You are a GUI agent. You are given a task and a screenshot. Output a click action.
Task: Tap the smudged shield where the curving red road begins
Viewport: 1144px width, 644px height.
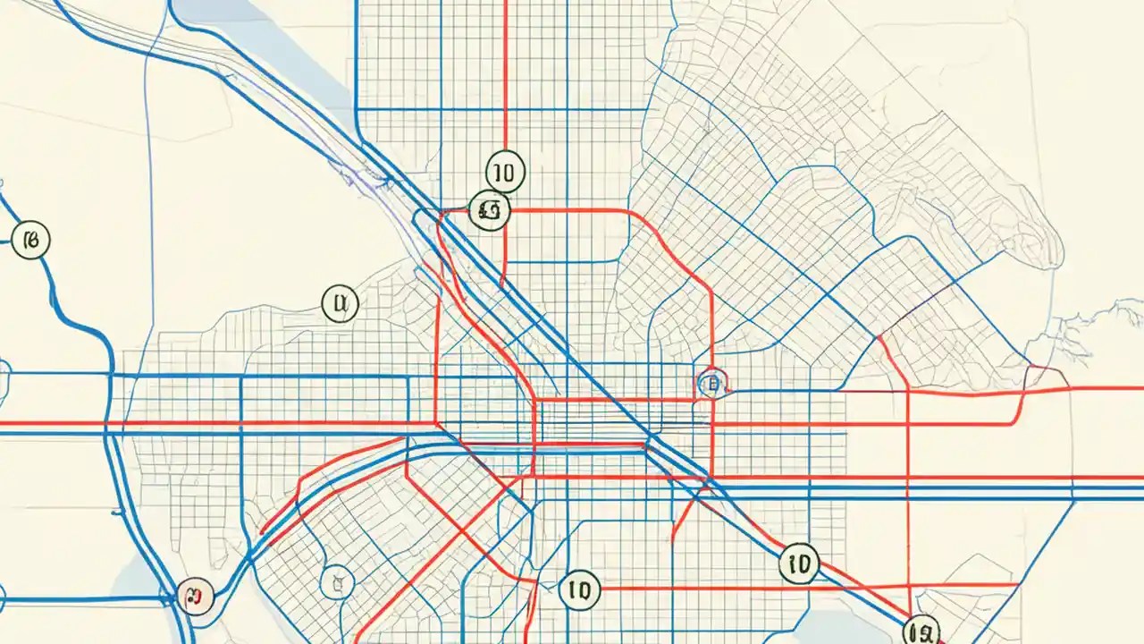click(x=489, y=212)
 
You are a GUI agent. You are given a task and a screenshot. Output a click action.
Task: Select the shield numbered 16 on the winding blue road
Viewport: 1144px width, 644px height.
click(x=30, y=240)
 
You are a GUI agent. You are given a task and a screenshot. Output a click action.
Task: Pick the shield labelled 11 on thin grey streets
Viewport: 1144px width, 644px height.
click(x=339, y=304)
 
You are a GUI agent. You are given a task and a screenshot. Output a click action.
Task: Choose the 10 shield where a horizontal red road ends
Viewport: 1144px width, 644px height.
click(x=579, y=590)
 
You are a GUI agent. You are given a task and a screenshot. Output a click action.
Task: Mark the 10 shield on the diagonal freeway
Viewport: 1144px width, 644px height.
click(x=798, y=563)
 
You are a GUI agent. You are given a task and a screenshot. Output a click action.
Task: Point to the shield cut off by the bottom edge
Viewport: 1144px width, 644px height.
click(x=921, y=631)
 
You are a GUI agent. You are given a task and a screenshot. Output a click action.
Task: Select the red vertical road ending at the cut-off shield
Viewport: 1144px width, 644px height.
click(x=908, y=501)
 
